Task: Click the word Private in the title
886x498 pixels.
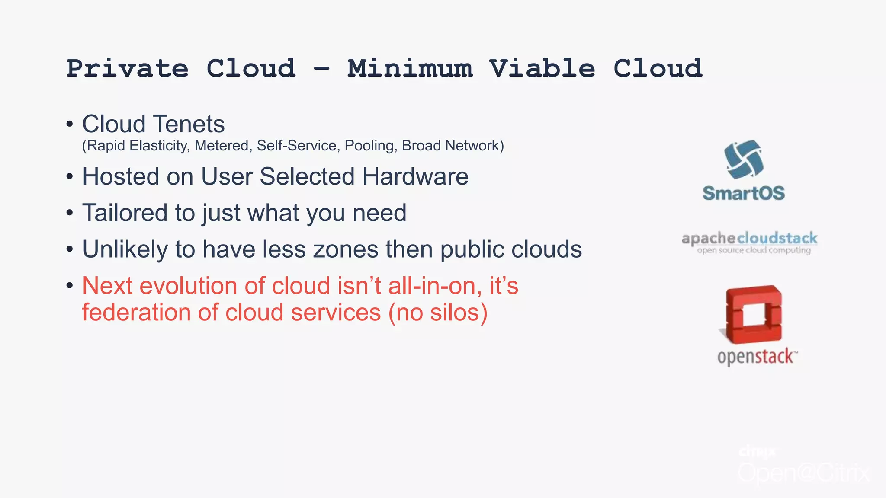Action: [127, 69]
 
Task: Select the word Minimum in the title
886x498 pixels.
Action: [410, 69]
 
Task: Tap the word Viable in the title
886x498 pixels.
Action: [542, 69]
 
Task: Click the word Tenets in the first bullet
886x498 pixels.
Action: [189, 124]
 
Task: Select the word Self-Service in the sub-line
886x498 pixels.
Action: [297, 146]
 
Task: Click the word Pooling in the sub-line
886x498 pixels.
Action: [370, 146]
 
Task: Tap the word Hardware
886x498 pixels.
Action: [415, 176]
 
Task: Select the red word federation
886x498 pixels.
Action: [136, 312]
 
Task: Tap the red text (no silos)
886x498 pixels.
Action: [438, 312]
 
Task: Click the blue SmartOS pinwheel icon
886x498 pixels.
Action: [744, 159]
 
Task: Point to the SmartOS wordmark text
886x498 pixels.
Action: [744, 193]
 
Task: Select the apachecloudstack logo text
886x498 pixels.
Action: [750, 238]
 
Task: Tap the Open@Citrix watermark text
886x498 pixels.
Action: [803, 472]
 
